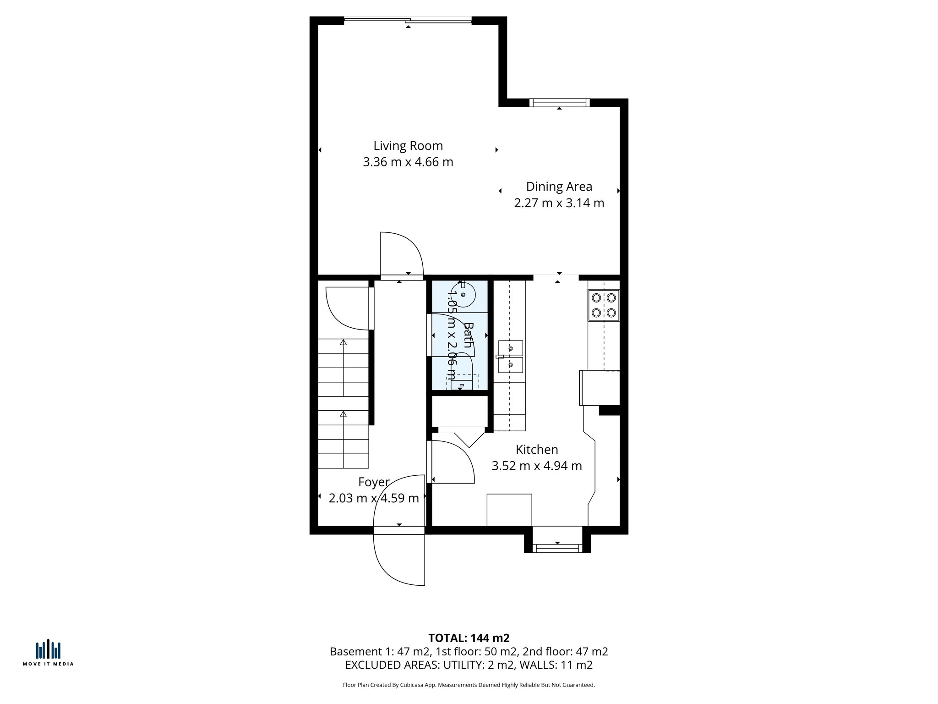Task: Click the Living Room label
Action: tap(408, 146)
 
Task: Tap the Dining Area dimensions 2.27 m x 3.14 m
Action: tap(559, 203)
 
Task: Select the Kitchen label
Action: tap(536, 449)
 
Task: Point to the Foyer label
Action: tap(373, 482)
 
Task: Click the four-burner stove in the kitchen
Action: tap(604, 305)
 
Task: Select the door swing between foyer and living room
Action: tap(401, 254)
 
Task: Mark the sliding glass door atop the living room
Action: tap(408, 20)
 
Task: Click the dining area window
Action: tap(559, 103)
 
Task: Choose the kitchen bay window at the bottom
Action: tap(557, 548)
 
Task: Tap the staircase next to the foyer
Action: tap(343, 403)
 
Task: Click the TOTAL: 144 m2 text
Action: tap(469, 638)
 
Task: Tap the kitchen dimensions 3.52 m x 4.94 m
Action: tap(536, 466)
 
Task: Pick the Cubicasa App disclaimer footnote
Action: tap(469, 685)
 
